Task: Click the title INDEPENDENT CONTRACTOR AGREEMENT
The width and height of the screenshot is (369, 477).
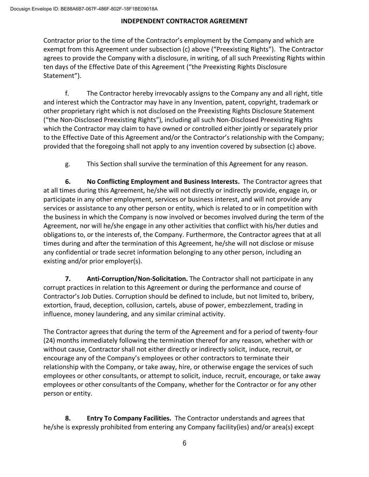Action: click(184, 21)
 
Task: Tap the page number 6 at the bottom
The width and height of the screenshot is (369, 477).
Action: click(184, 443)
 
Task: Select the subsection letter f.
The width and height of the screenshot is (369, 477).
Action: click(66, 93)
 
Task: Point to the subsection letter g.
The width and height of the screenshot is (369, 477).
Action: click(67, 164)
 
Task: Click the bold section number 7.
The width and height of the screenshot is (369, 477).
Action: click(68, 279)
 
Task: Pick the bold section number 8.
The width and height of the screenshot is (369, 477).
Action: click(68, 418)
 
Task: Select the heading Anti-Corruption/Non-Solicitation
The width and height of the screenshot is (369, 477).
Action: click(137, 279)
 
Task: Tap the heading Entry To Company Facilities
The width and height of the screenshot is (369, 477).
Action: click(129, 418)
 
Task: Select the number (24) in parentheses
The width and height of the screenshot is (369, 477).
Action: click(49, 340)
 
